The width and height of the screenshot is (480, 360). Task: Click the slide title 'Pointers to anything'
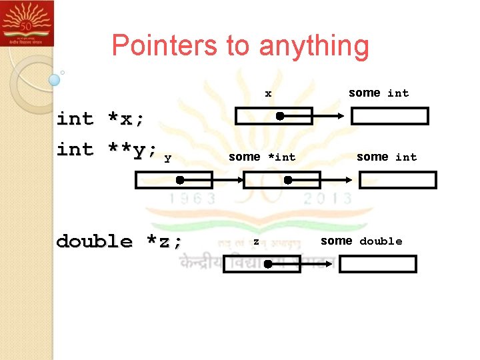pyautogui.click(x=240, y=45)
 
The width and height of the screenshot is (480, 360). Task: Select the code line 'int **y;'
pyautogui.click(x=107, y=150)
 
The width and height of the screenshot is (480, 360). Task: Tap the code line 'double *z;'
pyautogui.click(x=119, y=241)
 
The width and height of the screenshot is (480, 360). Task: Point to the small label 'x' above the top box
pyautogui.click(x=268, y=94)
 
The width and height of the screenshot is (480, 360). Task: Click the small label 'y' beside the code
pyautogui.click(x=167, y=158)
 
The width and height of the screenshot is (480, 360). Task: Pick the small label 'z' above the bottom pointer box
pyautogui.click(x=255, y=241)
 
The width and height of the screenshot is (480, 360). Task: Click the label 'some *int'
pyautogui.click(x=261, y=157)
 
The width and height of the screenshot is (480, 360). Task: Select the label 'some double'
pyautogui.click(x=361, y=241)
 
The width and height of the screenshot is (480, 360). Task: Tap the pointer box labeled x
pyautogui.click(x=273, y=116)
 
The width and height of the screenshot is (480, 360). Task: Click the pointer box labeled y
pyautogui.click(x=174, y=180)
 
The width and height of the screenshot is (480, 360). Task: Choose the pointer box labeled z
pyautogui.click(x=261, y=264)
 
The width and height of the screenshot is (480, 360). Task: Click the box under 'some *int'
pyautogui.click(x=281, y=180)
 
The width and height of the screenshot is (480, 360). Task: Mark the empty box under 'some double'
pyautogui.click(x=377, y=264)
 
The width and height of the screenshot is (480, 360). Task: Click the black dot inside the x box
pyautogui.click(x=280, y=116)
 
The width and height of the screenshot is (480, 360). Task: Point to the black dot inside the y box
pyautogui.click(x=180, y=180)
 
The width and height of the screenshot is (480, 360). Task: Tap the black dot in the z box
pyautogui.click(x=267, y=265)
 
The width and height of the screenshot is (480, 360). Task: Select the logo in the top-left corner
pyautogui.click(x=27, y=23)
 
